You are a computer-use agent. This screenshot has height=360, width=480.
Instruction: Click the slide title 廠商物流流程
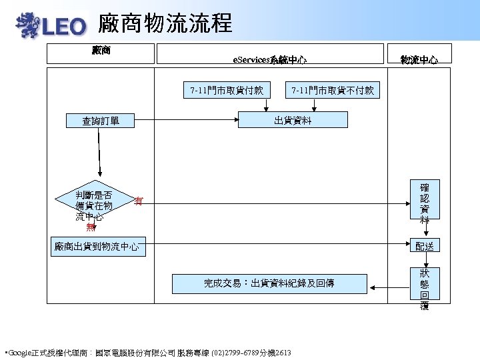pyautogui.click(x=165, y=24)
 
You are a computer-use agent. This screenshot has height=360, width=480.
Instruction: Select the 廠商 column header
pyautogui.click(x=101, y=51)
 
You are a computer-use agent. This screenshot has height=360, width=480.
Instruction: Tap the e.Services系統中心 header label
pyautogui.click(x=269, y=60)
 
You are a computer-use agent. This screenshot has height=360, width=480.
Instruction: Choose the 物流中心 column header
pyautogui.click(x=419, y=60)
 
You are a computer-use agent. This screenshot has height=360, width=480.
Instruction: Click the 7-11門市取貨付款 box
pyautogui.click(x=226, y=89)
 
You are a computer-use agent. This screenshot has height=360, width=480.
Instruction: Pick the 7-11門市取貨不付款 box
pyautogui.click(x=333, y=89)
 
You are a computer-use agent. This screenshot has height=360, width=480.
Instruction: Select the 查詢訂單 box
pyautogui.click(x=101, y=121)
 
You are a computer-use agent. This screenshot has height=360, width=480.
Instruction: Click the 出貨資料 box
pyautogui.click(x=293, y=120)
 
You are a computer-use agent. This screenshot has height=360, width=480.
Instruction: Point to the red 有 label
pyautogui.click(x=138, y=200)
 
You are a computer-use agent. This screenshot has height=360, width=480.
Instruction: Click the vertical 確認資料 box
pyautogui.click(x=425, y=202)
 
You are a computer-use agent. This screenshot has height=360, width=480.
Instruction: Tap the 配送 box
pyautogui.click(x=425, y=246)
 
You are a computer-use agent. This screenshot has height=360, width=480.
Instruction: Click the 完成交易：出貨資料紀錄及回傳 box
pyautogui.click(x=269, y=283)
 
